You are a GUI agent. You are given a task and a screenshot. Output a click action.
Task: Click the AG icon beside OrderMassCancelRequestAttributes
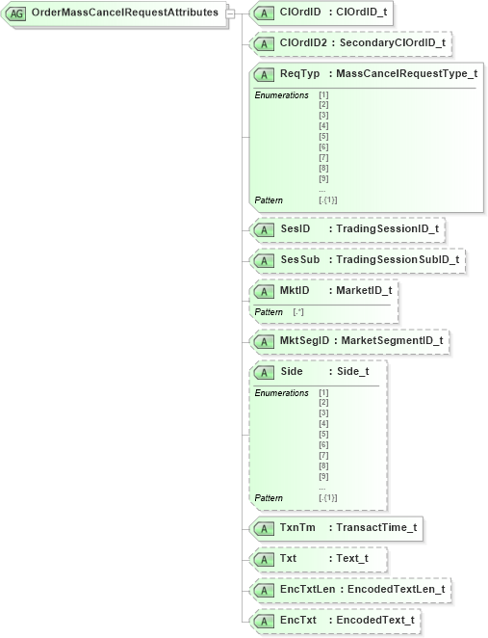[x=17, y=13]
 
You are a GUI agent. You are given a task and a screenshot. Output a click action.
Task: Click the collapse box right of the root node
[x=230, y=13]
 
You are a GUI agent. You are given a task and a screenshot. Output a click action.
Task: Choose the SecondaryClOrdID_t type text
[x=392, y=42]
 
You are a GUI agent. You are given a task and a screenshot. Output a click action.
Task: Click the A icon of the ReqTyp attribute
[x=263, y=74]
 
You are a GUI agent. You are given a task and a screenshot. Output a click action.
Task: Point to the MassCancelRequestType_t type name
[x=406, y=74]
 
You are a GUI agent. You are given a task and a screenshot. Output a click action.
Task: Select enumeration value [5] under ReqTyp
[x=323, y=137]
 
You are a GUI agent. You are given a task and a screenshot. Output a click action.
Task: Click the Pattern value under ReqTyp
[x=327, y=199]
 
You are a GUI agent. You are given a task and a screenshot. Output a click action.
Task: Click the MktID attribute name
[x=295, y=290]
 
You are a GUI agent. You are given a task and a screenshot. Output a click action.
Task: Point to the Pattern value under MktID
[x=298, y=312]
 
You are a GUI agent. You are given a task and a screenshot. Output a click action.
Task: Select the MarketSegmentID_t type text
[x=393, y=340]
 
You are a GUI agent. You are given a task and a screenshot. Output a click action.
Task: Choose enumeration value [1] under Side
[x=323, y=392]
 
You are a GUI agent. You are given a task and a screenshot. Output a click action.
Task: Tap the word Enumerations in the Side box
[x=281, y=392]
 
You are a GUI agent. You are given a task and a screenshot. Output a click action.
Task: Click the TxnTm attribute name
[x=297, y=528]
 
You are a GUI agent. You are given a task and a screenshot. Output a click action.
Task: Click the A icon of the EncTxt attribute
[x=263, y=620]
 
